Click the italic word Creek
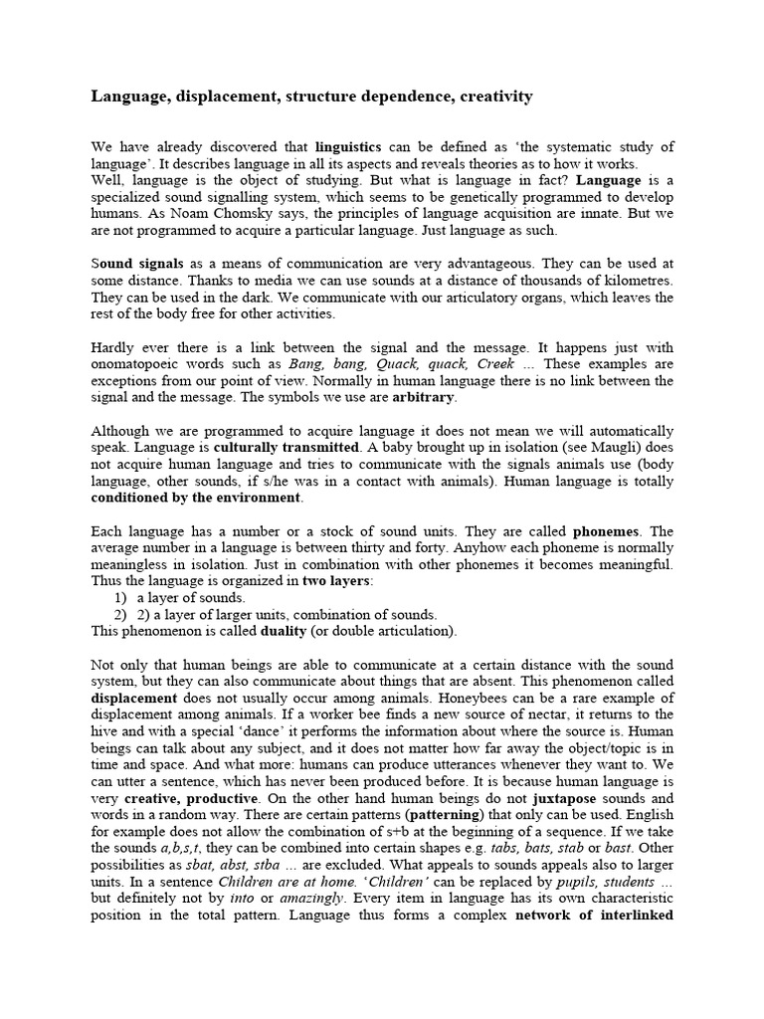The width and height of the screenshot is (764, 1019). point(496,364)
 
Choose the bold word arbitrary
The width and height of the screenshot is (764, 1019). point(423,396)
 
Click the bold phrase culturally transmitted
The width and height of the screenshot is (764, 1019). point(287,448)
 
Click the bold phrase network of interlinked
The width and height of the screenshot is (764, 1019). point(595,915)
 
